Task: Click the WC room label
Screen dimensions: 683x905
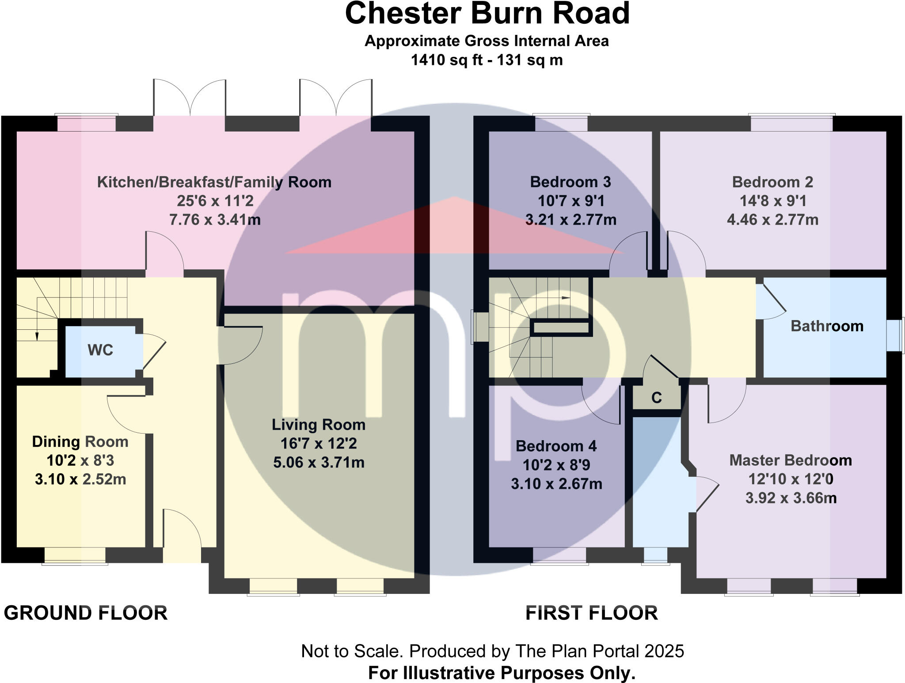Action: point(100,350)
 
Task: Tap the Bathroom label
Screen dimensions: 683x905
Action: point(827,326)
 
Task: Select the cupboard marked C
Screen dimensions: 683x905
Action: point(656,398)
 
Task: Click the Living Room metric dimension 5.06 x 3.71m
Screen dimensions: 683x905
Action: point(319,463)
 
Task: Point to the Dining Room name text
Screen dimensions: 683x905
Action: point(80,441)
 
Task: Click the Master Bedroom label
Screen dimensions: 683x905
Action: point(791,460)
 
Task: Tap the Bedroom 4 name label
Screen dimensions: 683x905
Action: point(556,446)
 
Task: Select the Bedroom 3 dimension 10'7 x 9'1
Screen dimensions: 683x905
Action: point(571,201)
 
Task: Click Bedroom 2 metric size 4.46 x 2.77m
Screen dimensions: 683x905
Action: point(772,219)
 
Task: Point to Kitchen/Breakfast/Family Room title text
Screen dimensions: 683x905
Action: point(214,182)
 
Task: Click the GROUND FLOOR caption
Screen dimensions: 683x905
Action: point(86,613)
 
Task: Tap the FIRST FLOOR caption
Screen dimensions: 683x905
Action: point(592,613)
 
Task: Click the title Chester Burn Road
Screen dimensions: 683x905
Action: point(487,13)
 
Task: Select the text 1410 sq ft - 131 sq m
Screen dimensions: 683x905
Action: point(487,60)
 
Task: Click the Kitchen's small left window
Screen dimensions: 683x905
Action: point(87,123)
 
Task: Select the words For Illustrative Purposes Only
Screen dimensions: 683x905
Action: point(502,673)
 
